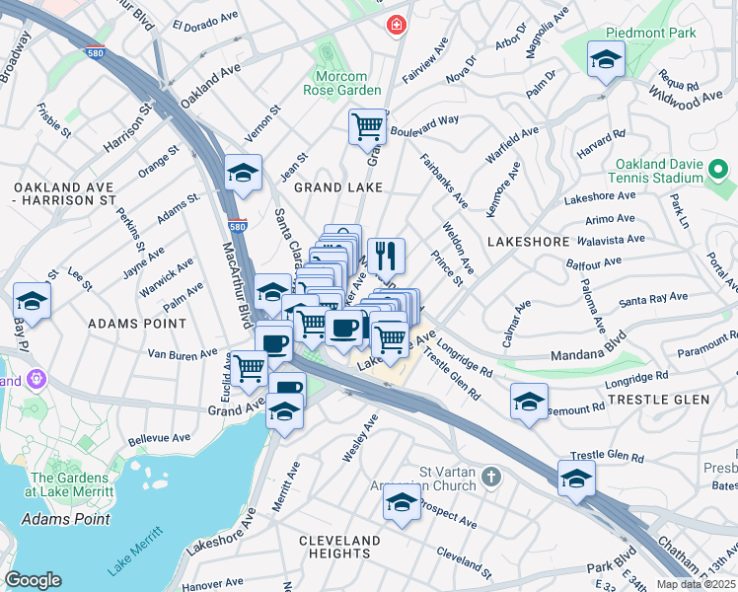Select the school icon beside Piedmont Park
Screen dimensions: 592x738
[x=605, y=60]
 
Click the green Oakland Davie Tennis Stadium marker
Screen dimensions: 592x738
[x=718, y=172]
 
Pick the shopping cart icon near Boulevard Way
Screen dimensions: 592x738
[x=367, y=125]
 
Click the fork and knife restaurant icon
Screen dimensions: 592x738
[x=387, y=256]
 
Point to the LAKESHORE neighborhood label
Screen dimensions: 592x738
[x=528, y=241]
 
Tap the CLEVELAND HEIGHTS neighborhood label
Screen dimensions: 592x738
[x=339, y=547]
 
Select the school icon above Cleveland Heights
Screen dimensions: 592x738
[x=401, y=503]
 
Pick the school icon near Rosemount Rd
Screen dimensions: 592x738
[x=529, y=401]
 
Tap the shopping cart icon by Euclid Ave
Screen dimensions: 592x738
[x=250, y=368]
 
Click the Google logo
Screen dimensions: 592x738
[x=33, y=580]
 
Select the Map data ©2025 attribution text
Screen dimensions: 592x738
[x=696, y=584]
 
